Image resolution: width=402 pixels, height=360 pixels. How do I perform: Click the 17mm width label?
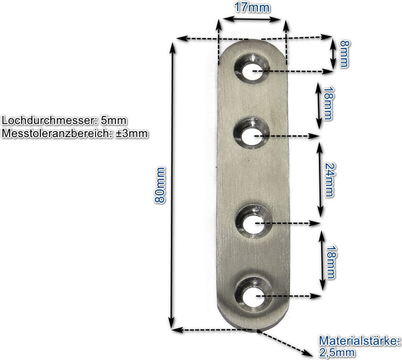(252, 7)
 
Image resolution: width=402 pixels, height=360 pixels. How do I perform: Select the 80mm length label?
(160, 185)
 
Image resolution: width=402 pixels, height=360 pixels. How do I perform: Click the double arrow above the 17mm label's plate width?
(252, 18)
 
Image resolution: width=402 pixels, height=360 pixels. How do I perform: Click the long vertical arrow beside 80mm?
(172, 185)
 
